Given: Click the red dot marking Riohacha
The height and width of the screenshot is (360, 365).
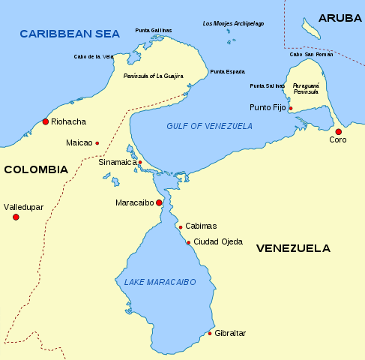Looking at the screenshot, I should (x=46, y=121).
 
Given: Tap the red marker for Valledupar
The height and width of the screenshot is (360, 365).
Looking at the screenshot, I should (x=16, y=217).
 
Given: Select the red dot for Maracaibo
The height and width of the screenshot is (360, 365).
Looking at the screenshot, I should (x=159, y=202).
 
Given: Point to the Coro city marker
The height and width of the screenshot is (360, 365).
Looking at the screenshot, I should (x=338, y=132).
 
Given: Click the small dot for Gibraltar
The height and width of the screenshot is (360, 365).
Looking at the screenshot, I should (x=210, y=333).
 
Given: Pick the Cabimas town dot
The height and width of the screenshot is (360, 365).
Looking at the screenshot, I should (x=181, y=227).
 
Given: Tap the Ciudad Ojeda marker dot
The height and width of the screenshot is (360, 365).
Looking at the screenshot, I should (x=188, y=241).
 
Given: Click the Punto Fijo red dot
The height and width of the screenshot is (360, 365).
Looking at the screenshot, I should (x=291, y=108).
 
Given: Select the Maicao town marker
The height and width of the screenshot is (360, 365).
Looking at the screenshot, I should (x=97, y=142).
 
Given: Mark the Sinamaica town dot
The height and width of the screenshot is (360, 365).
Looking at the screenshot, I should (x=140, y=162).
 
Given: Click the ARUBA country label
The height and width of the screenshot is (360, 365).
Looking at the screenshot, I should (x=339, y=17).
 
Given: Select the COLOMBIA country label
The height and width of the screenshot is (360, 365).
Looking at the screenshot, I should (x=35, y=169).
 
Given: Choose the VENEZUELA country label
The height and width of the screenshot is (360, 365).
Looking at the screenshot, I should (x=293, y=247).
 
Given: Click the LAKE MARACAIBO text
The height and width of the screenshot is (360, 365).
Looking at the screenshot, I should (x=156, y=282).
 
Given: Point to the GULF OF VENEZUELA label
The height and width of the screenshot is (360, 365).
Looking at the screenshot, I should (x=210, y=126).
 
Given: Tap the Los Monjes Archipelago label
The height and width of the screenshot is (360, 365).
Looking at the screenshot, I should (x=233, y=23).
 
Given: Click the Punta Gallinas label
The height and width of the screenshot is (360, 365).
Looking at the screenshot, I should (x=153, y=30).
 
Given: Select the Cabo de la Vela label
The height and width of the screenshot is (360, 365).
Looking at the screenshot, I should (x=93, y=56).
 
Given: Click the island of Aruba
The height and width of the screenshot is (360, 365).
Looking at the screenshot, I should (x=310, y=28).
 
